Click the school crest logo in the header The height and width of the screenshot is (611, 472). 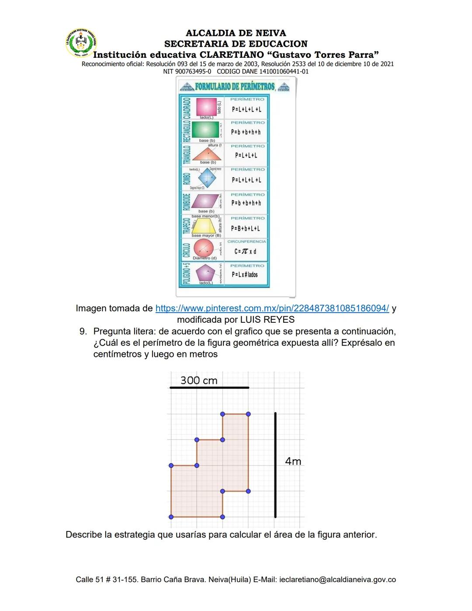(x=80, y=42)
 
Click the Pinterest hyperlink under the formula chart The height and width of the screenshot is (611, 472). (x=272, y=308)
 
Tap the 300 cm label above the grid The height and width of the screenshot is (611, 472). (x=199, y=380)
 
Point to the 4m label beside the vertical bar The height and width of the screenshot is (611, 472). (x=293, y=461)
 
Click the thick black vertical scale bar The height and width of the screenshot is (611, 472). (x=275, y=464)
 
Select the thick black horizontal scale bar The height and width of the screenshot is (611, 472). (x=209, y=388)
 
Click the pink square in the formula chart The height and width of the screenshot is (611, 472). (x=206, y=106)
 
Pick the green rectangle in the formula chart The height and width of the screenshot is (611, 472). (x=205, y=129)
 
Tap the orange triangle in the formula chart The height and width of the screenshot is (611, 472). (x=207, y=154)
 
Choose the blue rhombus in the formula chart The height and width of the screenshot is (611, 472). (x=207, y=178)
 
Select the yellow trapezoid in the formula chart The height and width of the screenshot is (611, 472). (x=204, y=226)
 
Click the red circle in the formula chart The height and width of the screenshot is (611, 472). (x=203, y=248)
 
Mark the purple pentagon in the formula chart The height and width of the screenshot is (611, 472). (x=205, y=273)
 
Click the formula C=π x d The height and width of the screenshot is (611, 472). (x=245, y=251)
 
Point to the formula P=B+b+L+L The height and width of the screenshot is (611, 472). (x=246, y=228)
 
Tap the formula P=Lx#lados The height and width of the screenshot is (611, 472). (x=245, y=275)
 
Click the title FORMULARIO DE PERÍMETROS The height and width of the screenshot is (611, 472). (x=235, y=86)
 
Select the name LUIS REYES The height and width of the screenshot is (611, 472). (x=267, y=320)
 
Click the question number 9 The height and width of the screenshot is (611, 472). (x=83, y=331)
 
